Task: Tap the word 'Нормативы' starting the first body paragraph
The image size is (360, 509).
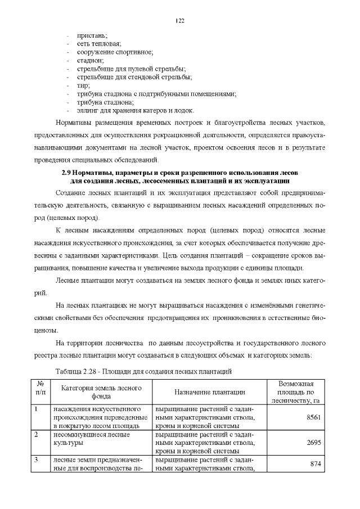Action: pos(76,122)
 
